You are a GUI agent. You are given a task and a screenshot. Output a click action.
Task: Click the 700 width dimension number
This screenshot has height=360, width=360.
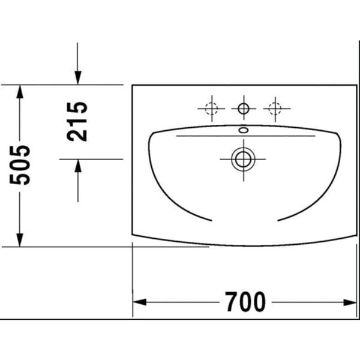pos(245,302)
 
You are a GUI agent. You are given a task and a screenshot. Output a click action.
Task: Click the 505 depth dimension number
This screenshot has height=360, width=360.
pos(22,164)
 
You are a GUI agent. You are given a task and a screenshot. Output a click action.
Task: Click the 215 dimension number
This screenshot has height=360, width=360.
pos(77,121)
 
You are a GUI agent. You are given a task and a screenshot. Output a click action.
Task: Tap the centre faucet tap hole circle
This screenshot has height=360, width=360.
pos(243,109)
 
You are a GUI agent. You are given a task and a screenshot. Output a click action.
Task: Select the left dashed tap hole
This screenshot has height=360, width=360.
pos(211,109)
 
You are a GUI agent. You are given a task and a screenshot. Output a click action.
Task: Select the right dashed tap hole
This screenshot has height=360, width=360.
pos(275,109)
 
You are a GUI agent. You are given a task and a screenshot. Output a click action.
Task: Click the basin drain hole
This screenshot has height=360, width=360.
pos(243,159)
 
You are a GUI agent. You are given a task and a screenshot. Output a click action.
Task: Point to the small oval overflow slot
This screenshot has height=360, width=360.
pos(243,130)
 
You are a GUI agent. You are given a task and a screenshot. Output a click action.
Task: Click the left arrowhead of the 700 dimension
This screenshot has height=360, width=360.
pos(138,302)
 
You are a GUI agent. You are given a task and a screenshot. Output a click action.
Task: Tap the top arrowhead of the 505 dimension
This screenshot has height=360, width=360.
pos(20,91)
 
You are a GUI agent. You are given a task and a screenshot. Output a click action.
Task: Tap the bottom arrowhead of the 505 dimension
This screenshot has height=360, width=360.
pos(20,240)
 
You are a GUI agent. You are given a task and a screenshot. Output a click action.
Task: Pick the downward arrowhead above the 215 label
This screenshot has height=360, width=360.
pos(77,78)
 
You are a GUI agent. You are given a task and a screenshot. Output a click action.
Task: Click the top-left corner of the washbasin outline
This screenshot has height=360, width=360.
pos(132,85)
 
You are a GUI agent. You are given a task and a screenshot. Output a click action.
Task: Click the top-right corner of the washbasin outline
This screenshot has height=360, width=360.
pos(357,85)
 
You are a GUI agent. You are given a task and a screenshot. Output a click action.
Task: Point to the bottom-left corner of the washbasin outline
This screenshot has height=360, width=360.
pos(132,235)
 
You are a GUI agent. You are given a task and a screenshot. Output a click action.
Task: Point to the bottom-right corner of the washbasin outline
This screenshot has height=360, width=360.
pos(357,235)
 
